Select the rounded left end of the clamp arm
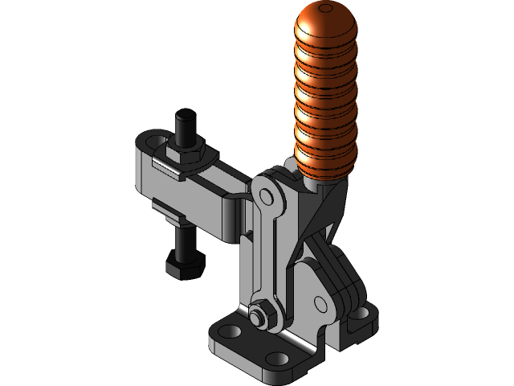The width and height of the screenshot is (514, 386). click(x=143, y=149)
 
